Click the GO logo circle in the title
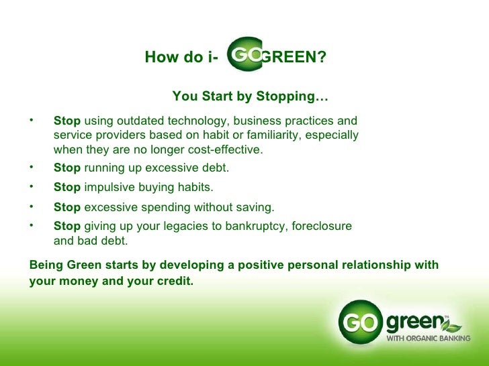245,54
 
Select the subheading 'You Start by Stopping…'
250,97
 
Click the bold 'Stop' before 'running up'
66,168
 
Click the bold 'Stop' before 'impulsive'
66,188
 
